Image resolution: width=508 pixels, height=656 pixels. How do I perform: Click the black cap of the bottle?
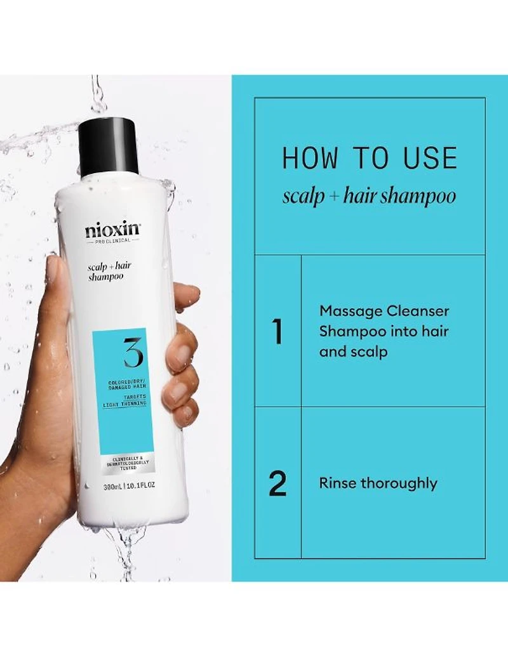coord(109,147)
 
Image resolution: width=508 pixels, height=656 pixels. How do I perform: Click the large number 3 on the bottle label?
coord(133,353)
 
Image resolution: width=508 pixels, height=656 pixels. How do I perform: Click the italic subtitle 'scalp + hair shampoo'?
coord(369,196)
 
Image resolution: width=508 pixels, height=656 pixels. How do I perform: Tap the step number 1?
coord(277,332)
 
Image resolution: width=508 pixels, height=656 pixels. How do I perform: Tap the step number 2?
coord(277,483)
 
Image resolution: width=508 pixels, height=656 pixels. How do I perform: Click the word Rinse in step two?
coord(338,483)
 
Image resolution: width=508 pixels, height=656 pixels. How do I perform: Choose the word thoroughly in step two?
coord(399,483)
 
